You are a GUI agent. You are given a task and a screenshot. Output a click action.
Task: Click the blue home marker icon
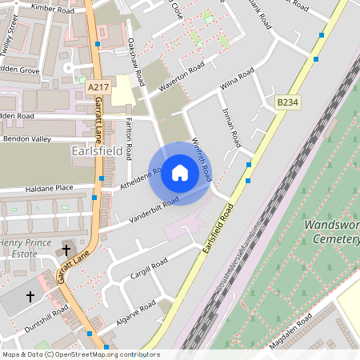click(180, 173)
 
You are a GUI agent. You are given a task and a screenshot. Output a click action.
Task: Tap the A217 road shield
click(98, 86)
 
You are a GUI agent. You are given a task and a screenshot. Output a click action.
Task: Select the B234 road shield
click(287, 102)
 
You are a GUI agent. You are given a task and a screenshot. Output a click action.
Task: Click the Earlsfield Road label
click(218, 229)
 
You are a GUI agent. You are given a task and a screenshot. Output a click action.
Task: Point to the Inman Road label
click(232, 127)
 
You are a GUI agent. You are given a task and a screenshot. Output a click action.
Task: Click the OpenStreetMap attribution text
click(80, 354)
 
